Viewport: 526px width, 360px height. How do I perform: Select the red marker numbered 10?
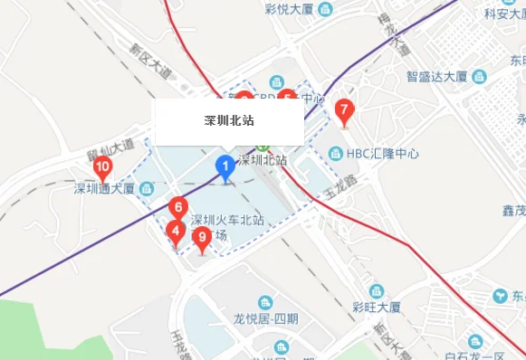(102, 167)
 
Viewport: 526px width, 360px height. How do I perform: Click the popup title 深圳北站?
(228, 119)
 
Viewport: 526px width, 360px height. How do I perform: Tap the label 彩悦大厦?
(290, 10)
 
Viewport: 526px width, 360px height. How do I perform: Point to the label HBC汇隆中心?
(383, 154)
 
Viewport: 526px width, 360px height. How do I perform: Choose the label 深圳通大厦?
(104, 188)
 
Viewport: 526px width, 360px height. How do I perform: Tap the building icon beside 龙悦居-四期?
(265, 302)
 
